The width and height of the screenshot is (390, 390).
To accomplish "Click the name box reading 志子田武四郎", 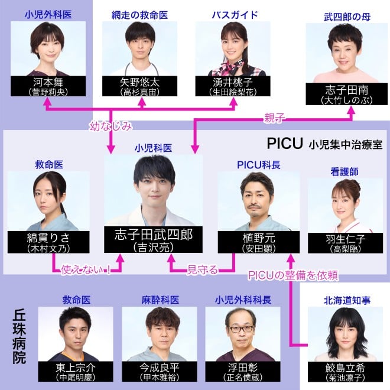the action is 153,239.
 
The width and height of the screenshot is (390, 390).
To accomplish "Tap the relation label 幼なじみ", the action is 111,126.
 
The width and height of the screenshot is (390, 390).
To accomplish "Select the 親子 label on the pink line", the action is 274,118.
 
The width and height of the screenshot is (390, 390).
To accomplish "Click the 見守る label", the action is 203,269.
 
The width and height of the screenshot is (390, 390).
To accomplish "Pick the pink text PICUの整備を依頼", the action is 293,275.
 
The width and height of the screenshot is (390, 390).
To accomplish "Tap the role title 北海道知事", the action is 347,300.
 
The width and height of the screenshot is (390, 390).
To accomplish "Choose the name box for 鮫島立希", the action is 345,372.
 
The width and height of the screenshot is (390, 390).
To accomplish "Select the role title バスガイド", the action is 235,15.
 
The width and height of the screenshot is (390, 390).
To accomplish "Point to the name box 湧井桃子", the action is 233,86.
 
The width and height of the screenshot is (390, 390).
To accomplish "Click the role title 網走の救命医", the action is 140,15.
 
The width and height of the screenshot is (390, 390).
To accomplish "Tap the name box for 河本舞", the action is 48,86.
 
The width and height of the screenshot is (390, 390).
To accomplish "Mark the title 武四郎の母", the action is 347,17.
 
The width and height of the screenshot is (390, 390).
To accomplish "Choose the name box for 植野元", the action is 259,242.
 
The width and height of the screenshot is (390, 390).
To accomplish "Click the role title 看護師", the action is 344,171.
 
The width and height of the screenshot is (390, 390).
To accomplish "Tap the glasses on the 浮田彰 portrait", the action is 242,329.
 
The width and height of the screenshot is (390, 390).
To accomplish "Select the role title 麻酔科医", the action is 160,300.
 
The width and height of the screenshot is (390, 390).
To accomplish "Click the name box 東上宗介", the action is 76,372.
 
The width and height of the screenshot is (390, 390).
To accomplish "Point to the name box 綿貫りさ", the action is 48,242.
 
